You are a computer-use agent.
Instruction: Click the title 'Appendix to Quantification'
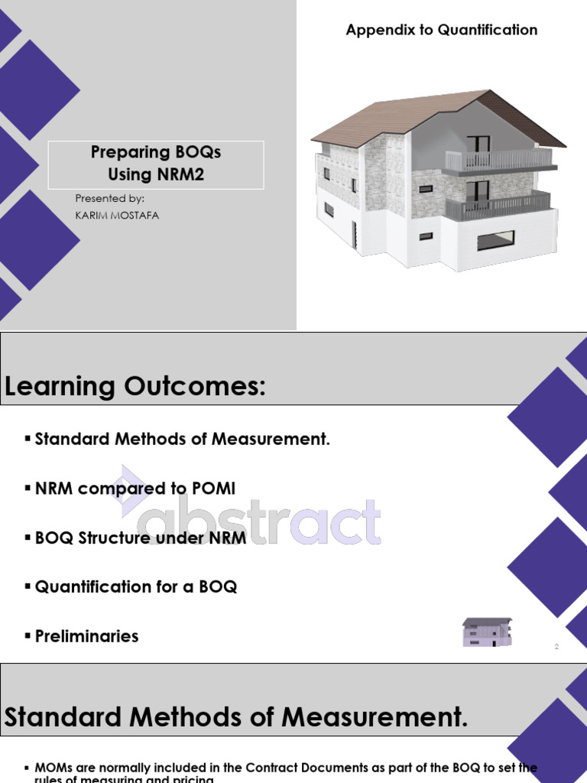441,30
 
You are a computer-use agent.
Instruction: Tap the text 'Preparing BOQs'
156,152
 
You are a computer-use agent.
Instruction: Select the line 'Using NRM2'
156,175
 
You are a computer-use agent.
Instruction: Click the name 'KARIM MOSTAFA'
117,216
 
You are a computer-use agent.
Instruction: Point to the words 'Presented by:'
109,199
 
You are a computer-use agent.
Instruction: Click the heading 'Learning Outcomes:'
135,387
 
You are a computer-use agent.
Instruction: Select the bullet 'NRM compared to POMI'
135,488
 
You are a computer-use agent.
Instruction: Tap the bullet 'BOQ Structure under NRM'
141,538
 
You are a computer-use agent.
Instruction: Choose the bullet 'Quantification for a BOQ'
136,586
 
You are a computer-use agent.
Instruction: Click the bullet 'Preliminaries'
86,636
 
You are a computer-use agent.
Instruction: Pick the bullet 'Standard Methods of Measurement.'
182,439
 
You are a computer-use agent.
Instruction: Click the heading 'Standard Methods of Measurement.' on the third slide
236,717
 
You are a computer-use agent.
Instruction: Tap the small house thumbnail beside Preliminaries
487,632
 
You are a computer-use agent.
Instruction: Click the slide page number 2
556,647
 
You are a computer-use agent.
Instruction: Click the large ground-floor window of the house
496,240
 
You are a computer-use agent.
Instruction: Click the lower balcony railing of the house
497,206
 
